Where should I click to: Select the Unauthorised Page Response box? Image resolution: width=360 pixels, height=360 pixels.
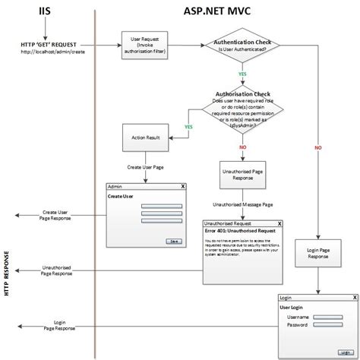tap(241, 176)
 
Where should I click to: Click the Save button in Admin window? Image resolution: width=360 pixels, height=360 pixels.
tap(175, 240)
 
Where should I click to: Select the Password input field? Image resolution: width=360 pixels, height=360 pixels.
tap(328, 325)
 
